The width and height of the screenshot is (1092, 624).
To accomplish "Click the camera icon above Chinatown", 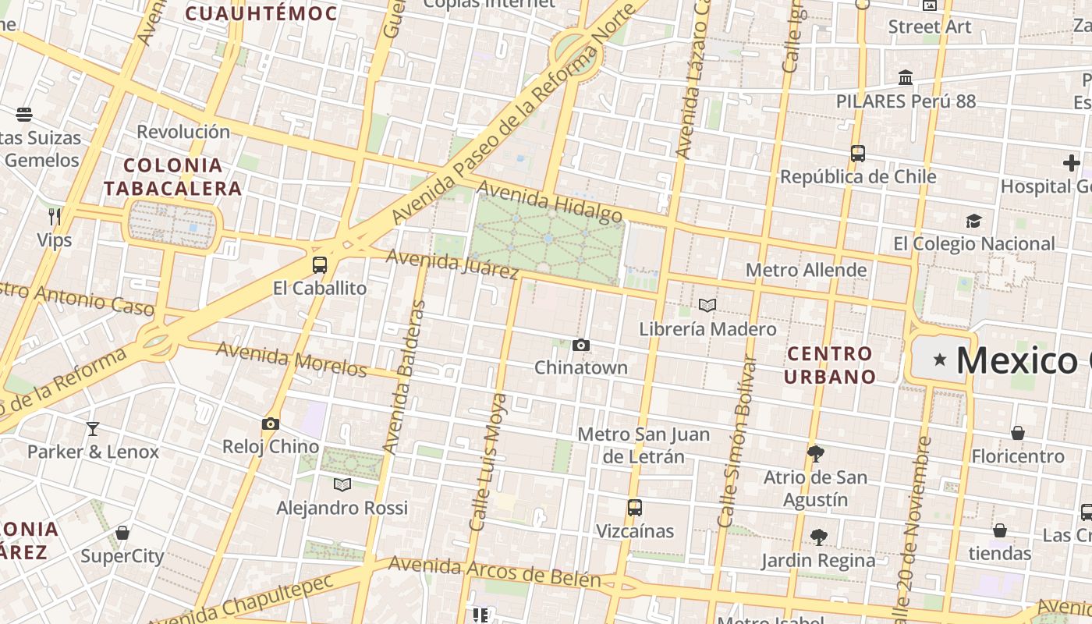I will pos(580,345).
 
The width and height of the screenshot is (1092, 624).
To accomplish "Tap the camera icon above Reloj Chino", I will pos(271,424).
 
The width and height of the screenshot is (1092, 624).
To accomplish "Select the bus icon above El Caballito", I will pos(320,265).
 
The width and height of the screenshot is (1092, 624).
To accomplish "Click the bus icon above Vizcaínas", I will pos(635,508).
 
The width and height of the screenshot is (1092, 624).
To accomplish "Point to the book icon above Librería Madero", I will pos(707,306).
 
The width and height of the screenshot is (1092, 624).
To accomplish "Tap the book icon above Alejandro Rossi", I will pos(342,484).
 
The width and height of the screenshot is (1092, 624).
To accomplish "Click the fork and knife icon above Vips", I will pos(54,216).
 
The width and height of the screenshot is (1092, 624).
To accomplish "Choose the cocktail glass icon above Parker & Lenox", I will pos(93,428).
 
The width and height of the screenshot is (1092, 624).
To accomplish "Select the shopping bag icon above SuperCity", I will pos(122,533).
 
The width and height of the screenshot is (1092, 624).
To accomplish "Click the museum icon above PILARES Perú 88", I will pos(906,78).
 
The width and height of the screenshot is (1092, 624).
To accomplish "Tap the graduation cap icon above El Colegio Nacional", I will pos(973,221).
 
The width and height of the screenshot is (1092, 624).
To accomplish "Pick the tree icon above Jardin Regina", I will pos(818,537).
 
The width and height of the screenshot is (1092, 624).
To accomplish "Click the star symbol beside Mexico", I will pos(941,360).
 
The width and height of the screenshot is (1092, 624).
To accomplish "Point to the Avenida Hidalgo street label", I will pos(549,200).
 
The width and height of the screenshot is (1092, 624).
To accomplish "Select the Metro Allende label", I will pos(806,270).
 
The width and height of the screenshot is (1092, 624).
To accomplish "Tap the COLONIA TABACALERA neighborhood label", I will pos(173,176).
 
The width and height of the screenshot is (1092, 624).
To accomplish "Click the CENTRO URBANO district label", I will pos(830,365).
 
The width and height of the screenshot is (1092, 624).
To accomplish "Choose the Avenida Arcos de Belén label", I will pos(495,572).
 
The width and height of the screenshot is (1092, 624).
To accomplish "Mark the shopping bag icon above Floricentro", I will pos(1018,433).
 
